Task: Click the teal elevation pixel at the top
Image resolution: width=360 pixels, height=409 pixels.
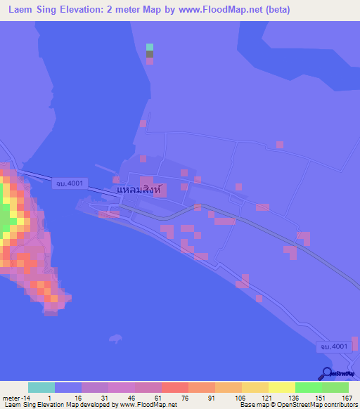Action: tap(149, 47)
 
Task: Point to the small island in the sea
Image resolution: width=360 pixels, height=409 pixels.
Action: tap(115, 339)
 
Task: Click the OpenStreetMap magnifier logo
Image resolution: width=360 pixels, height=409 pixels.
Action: tap(326, 374)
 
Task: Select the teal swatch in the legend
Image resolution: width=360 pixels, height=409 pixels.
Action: tap(41, 387)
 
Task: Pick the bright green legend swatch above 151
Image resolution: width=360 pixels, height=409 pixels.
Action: tap(308, 387)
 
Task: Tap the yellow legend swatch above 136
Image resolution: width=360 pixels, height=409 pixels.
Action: tap(281, 387)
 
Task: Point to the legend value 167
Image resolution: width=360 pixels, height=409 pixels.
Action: tap(347, 398)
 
